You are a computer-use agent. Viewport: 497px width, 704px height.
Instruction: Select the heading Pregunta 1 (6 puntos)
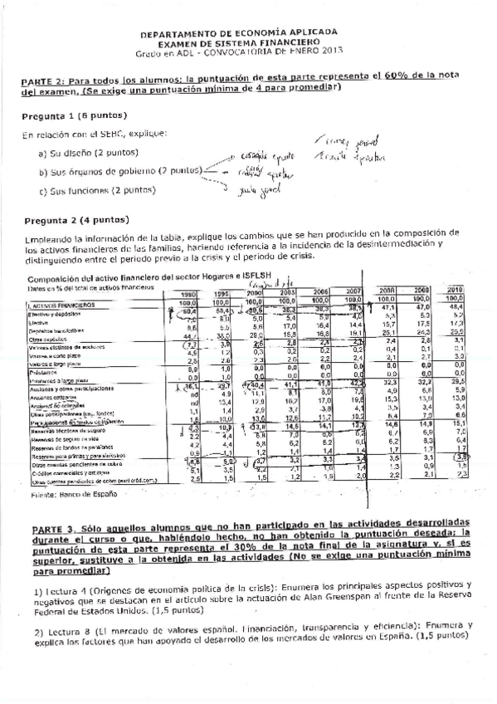(64, 116)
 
